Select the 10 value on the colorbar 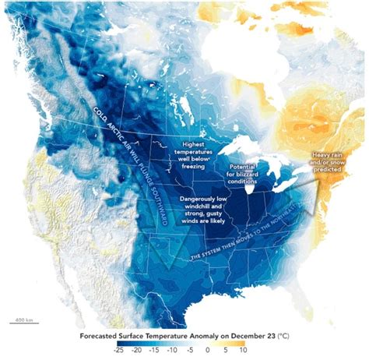[x=243, y=351]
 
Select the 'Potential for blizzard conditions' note [x=248, y=177]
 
